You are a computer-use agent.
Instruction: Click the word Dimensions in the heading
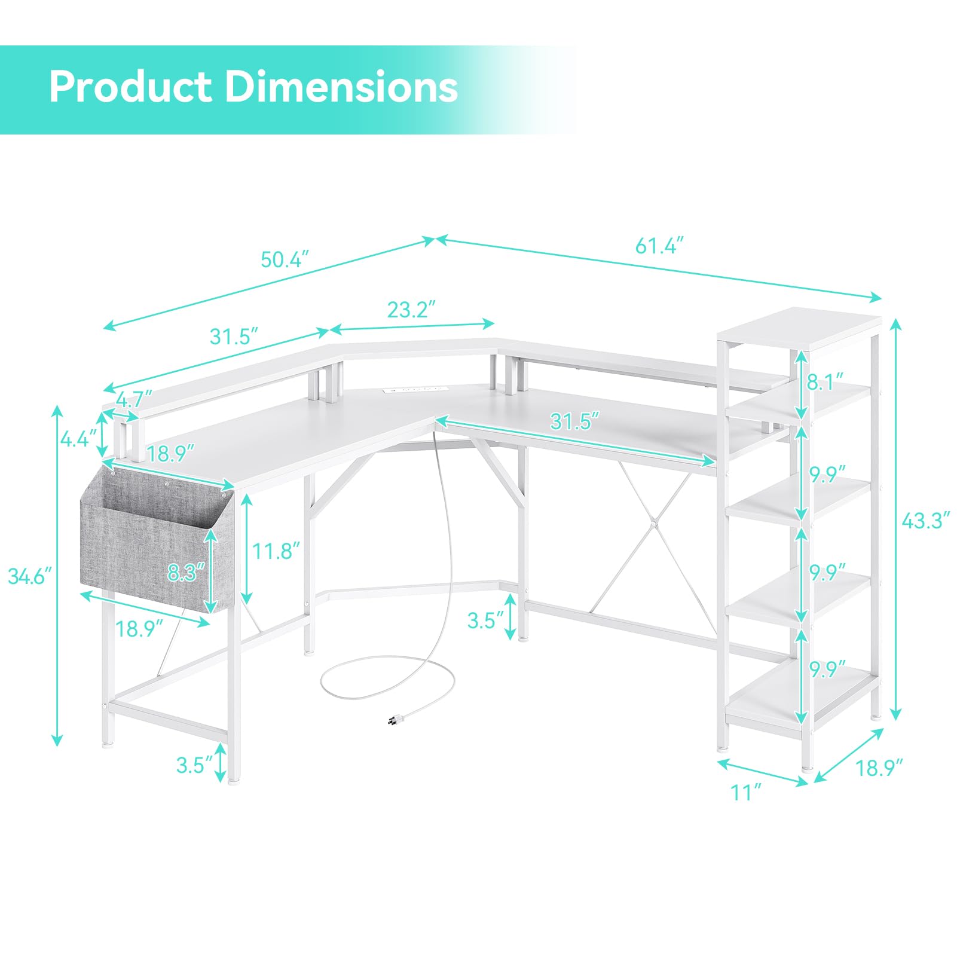coord(341,87)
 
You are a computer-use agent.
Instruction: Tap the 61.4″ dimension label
coord(659,246)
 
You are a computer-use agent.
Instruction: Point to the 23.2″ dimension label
coord(411,310)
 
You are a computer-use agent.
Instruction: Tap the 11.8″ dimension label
coord(276,551)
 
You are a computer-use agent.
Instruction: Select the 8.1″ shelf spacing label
coord(825,381)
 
